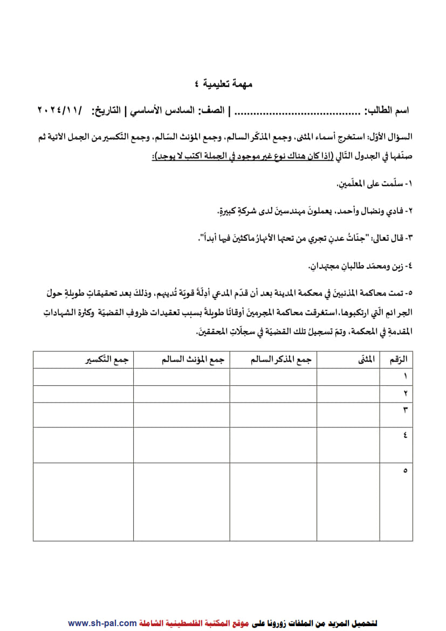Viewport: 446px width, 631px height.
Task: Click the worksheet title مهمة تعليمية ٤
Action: coord(223,84)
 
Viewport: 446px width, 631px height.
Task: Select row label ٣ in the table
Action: coord(404,410)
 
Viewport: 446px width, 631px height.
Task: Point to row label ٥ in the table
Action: coord(404,471)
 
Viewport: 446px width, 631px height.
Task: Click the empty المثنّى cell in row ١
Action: coord(348,377)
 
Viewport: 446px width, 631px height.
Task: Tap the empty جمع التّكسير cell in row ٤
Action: coord(83,445)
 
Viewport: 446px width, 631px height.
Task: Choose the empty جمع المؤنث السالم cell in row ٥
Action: coord(181,501)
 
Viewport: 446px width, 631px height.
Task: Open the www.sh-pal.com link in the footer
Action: coord(102,623)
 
